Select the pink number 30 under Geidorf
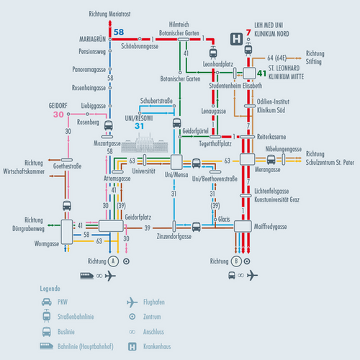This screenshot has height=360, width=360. (59, 114)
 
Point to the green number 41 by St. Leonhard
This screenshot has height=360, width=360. (262, 73)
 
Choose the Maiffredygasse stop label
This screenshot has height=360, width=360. (270, 227)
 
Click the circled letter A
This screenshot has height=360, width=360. (112, 261)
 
